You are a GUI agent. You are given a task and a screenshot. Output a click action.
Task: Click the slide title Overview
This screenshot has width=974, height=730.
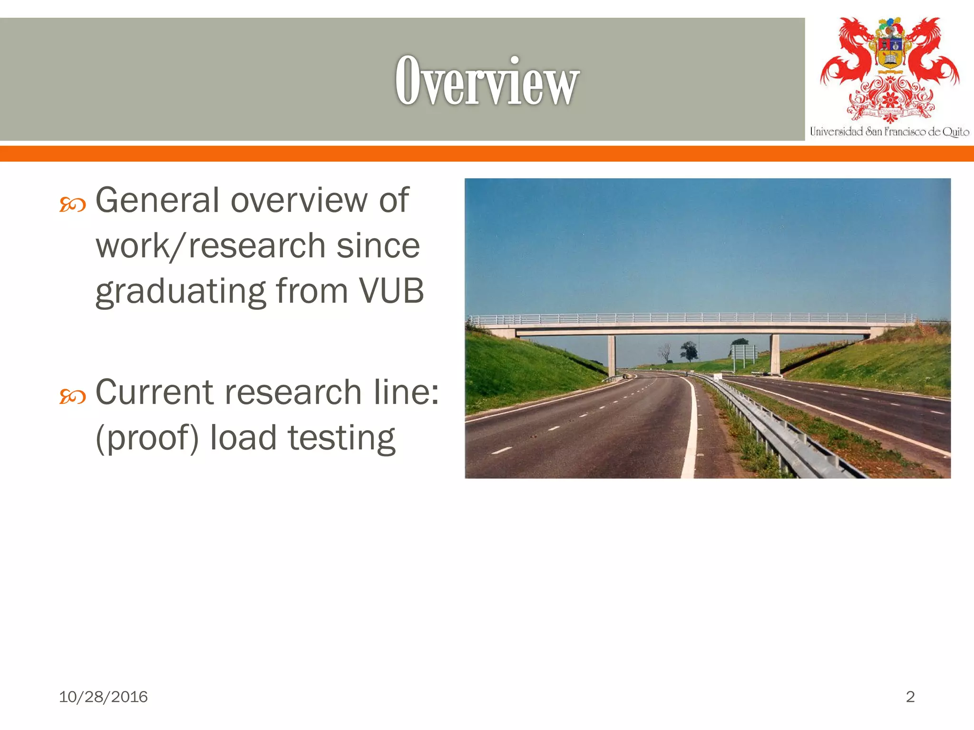click(x=487, y=81)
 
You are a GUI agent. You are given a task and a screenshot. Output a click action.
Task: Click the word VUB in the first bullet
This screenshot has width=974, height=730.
click(x=391, y=290)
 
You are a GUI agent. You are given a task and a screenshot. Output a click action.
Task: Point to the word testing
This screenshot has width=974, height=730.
click(x=341, y=438)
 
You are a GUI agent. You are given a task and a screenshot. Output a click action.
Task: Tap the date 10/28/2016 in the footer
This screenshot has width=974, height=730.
click(x=103, y=697)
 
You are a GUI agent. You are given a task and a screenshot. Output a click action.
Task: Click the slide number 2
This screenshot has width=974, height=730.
click(x=910, y=697)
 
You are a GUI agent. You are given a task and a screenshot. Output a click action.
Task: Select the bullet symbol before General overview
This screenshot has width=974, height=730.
click(x=72, y=205)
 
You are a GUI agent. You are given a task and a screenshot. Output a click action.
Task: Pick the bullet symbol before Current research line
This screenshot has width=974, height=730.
click(x=72, y=396)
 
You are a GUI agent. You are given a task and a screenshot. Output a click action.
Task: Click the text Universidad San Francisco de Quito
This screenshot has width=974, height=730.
click(x=889, y=132)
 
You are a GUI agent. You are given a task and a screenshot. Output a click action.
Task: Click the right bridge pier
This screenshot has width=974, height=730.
click(x=775, y=354)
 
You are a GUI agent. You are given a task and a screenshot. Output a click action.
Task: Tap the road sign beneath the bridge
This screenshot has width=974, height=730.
click(x=742, y=353)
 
